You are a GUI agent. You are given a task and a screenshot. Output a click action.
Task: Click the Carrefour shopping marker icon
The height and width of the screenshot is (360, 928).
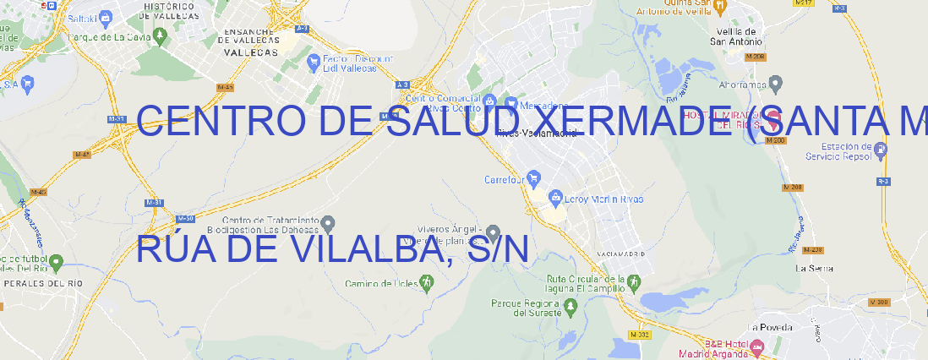point(535,179)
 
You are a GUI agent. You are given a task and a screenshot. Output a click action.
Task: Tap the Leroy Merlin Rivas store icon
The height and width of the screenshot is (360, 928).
point(555,198)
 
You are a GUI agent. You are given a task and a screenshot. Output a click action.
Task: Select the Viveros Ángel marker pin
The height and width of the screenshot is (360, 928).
point(494,232)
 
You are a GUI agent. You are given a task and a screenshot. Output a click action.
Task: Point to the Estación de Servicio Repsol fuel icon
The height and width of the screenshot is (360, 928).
point(882,151)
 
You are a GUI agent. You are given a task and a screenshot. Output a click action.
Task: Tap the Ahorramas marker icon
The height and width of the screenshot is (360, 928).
point(777,84)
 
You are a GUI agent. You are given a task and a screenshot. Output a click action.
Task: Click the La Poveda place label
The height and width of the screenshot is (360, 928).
point(770,327)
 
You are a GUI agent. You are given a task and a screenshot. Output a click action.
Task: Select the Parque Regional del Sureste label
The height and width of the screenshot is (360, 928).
point(526,308)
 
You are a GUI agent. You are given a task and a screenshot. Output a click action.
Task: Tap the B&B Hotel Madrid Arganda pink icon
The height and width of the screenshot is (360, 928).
point(757,346)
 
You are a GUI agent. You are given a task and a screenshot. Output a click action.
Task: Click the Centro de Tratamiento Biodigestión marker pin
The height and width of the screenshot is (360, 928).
point(329,223)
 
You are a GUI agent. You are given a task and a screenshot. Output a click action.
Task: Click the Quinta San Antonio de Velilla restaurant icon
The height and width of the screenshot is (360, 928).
point(719,6)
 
